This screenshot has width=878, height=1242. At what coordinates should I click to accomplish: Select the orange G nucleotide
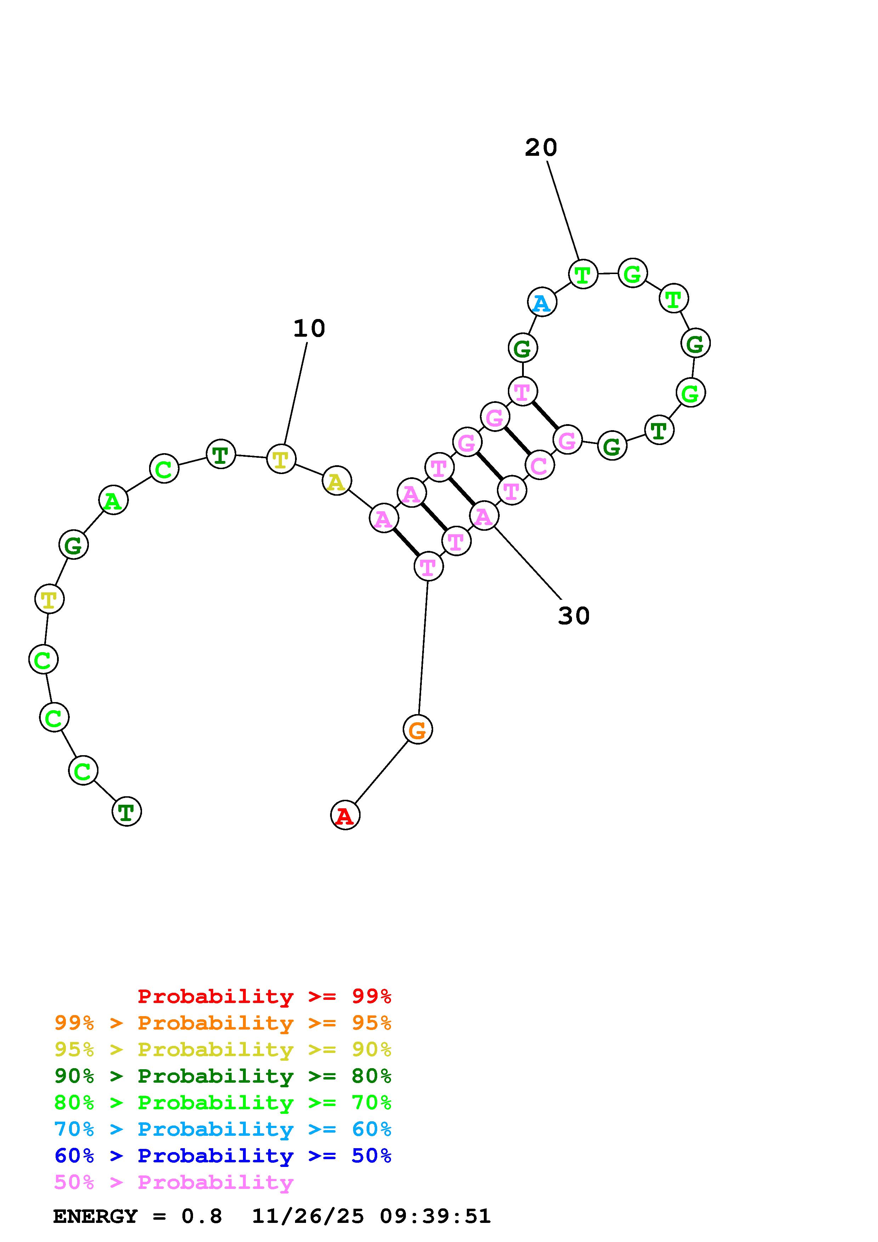417,730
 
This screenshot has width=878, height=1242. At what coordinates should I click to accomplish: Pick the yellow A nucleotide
336,481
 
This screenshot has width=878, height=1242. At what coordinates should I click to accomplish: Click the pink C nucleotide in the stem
539,465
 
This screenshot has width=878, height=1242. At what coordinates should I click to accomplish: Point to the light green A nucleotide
113,500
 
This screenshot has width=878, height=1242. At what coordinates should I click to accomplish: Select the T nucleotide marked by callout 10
281,459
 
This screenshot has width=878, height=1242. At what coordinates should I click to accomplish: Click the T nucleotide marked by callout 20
583,274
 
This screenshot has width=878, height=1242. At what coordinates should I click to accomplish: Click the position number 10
309,328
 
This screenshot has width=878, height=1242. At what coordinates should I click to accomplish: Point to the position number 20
540,148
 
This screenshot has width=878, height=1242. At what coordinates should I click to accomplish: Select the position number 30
573,616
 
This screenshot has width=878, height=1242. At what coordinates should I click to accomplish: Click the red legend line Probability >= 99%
265,996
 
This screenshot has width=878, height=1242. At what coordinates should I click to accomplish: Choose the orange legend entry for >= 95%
223,1023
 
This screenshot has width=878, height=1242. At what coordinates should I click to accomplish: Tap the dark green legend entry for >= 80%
223,1076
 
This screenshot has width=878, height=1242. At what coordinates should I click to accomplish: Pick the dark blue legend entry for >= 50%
223,1156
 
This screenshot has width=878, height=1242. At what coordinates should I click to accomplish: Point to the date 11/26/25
308,1217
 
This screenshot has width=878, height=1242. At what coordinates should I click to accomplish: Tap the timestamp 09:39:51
435,1217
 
